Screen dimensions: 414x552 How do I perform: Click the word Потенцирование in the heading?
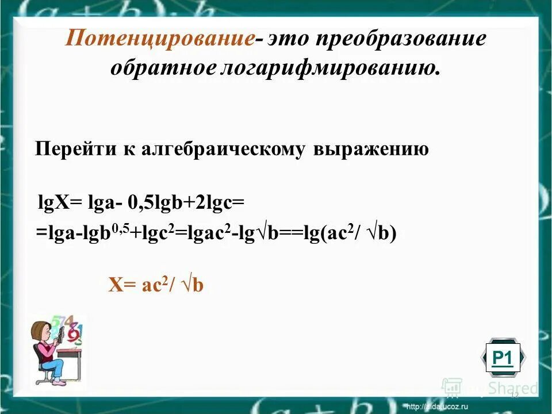tap(160, 40)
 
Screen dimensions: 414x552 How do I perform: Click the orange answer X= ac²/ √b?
tap(156, 285)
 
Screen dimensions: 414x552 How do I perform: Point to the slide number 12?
tap(514, 395)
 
